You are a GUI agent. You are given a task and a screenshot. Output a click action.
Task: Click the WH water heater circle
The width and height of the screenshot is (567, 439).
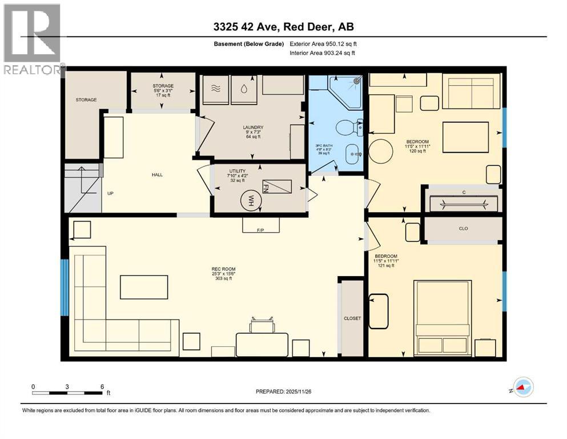(x=250, y=199)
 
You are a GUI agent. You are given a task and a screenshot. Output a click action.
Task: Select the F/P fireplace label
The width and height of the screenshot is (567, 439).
(x=260, y=230)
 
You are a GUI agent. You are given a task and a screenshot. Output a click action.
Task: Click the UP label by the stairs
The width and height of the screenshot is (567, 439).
(x=110, y=193)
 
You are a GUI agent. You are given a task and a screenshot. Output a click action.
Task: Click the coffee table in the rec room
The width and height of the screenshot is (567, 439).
(x=144, y=287)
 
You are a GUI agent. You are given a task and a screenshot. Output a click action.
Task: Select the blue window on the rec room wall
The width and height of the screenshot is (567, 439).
(x=65, y=288)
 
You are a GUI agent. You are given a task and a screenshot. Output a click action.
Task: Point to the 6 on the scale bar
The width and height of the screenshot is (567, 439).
(x=102, y=386)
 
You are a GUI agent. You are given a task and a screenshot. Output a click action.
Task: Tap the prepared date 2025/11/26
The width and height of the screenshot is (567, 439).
(x=283, y=392)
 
